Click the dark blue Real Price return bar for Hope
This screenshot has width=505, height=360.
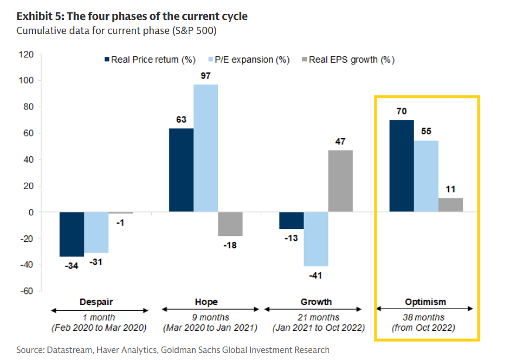tap(181, 170)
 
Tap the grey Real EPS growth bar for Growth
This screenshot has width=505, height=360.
tap(340, 181)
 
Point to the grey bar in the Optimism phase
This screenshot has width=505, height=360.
tap(451, 205)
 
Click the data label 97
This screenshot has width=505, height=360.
tap(205, 76)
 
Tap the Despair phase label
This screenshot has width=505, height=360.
tap(96, 302)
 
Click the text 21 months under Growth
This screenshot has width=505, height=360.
tap(316, 318)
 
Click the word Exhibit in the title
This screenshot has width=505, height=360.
tap(33, 16)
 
